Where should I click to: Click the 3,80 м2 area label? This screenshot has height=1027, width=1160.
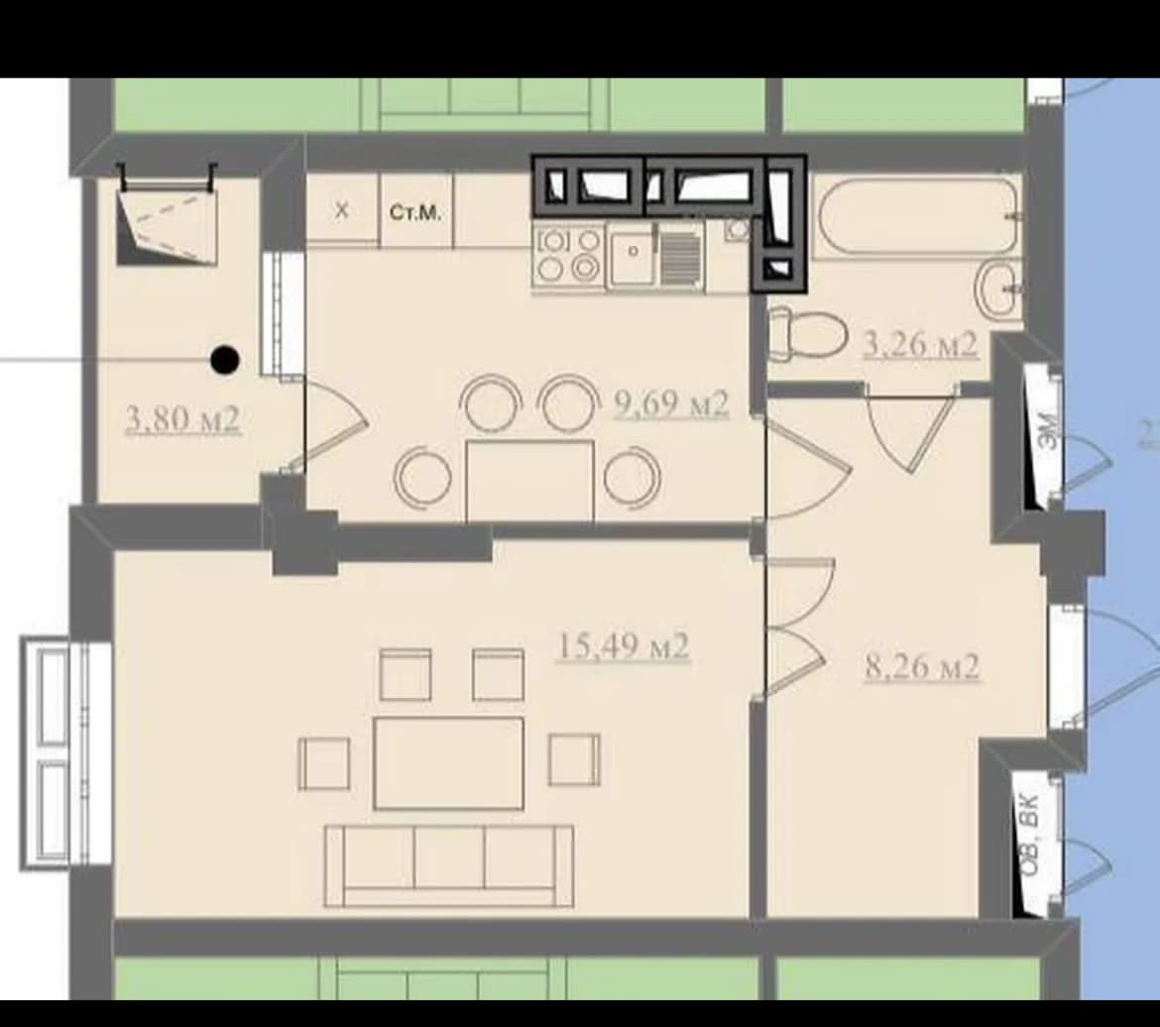pyautogui.click(x=183, y=420)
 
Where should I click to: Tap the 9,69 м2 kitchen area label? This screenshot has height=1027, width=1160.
pyautogui.click(x=672, y=404)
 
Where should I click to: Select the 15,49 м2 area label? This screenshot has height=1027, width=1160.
pyautogui.click(x=623, y=646)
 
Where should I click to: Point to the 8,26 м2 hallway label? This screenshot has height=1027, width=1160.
pyautogui.click(x=922, y=666)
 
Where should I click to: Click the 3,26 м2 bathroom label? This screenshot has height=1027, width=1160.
pyautogui.click(x=920, y=345)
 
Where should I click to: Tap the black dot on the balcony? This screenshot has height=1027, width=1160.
pyautogui.click(x=225, y=360)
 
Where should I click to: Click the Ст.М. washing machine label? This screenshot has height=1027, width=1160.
pyautogui.click(x=415, y=214)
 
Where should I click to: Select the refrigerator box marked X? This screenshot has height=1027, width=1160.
pyautogui.click(x=342, y=208)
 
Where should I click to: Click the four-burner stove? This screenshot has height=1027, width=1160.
pyautogui.click(x=569, y=256)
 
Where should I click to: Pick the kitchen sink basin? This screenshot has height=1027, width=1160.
pyautogui.click(x=631, y=256)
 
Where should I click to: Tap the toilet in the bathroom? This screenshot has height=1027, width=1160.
pyautogui.click(x=807, y=335)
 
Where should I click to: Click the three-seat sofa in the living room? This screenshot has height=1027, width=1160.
pyautogui.click(x=449, y=866)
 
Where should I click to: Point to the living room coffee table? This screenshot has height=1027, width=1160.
pyautogui.click(x=449, y=762)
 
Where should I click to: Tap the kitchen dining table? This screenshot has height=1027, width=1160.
pyautogui.click(x=529, y=481)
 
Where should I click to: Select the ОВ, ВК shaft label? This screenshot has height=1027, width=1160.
pyautogui.click(x=1030, y=836)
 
